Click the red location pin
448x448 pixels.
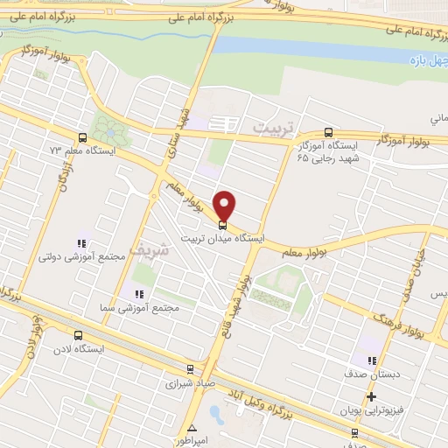point(226,205)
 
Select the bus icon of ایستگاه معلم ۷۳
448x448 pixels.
point(82,137)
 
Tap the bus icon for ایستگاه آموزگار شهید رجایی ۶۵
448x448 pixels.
point(328,133)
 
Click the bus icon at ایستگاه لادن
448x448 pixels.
point(79,335)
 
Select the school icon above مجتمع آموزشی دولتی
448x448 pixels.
point(81,244)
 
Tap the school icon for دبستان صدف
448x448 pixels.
point(372,360)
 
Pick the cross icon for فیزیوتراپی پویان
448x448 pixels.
point(372,397)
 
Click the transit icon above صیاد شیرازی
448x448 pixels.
point(191,369)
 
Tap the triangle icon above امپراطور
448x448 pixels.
point(192,428)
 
